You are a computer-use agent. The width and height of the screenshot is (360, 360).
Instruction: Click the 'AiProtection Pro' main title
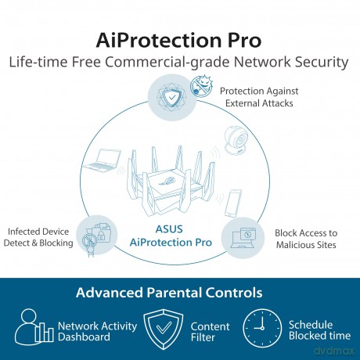click(x=178, y=41)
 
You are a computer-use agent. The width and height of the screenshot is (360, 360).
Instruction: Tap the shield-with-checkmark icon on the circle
click(x=171, y=98)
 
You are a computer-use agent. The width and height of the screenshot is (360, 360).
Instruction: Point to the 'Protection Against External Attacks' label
click(x=259, y=97)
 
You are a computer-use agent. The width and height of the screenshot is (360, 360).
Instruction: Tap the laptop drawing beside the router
click(x=103, y=160)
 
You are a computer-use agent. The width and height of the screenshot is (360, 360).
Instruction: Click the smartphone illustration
click(x=233, y=203)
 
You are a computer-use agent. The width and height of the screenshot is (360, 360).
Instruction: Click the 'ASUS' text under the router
click(x=169, y=229)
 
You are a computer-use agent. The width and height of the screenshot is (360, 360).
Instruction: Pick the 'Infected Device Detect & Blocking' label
click(x=38, y=237)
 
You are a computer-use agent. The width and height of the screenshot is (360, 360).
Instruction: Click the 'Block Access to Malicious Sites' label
click(x=306, y=239)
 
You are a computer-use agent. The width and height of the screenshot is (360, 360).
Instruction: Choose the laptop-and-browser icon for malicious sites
click(x=243, y=238)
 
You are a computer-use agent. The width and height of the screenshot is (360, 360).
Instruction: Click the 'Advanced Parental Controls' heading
click(x=169, y=293)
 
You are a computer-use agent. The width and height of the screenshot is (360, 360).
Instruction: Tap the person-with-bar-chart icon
click(x=34, y=326)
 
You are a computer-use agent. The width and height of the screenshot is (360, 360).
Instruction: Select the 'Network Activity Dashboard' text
click(x=97, y=331)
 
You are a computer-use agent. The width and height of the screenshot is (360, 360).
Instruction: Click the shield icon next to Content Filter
click(x=164, y=329)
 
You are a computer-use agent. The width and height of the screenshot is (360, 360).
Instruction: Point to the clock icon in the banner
click(x=262, y=328)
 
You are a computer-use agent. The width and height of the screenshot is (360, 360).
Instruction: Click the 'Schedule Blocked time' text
click(x=319, y=330)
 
